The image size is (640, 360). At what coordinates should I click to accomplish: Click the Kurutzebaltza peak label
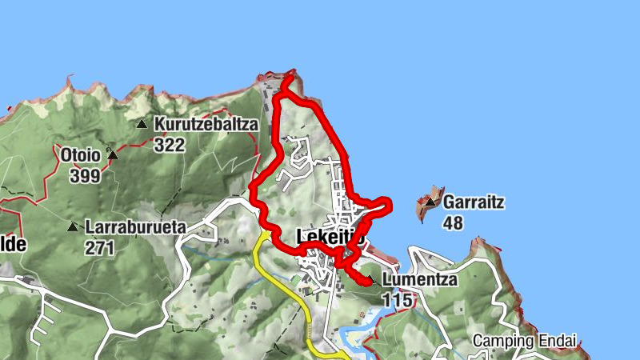pos(206,124)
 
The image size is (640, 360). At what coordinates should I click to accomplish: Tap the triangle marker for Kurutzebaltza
pos(142,124)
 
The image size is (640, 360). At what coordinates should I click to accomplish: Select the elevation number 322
pos(170,145)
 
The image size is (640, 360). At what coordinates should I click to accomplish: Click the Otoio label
pos(78,154)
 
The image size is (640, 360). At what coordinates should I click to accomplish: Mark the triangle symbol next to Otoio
pos(113,154)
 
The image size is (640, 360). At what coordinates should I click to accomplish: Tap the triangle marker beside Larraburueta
pos(74,227)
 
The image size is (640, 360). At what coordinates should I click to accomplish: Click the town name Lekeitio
pos(330,237)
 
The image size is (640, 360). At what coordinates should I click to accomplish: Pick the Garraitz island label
pos(474,202)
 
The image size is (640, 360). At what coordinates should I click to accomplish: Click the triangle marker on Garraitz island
pos(430,202)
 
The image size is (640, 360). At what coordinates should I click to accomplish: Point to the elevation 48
pos(453,223)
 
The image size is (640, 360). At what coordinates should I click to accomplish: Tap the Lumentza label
pos(419,280)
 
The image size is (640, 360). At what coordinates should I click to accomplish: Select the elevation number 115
pos(398,300)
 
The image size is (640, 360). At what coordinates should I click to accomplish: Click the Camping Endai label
pos(524,340)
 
